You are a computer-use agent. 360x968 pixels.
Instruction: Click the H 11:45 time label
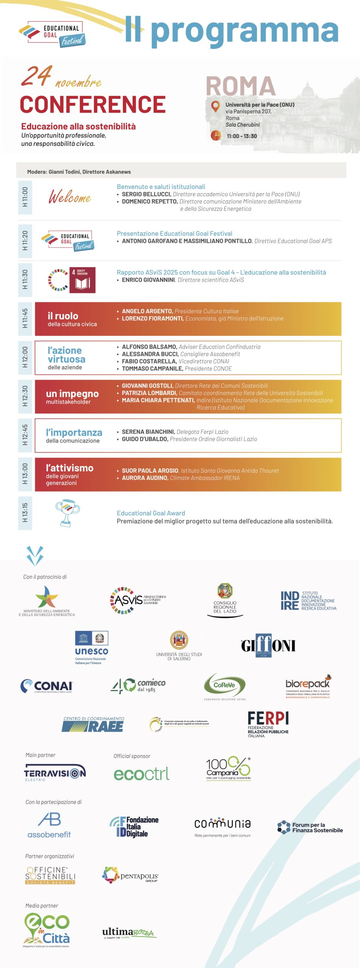tap(25, 318)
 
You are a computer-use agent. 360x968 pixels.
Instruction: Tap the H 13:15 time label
tap(25, 512)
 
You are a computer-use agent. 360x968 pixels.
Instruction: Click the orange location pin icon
tap(215, 107)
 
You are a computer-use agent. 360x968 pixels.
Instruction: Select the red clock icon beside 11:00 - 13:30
tap(216, 135)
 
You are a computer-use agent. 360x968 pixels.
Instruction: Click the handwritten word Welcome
tap(70, 197)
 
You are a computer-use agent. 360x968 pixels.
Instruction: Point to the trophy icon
tap(67, 513)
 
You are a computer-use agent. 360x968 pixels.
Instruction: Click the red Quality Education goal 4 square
tap(82, 280)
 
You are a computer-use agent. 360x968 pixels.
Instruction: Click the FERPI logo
tap(268, 724)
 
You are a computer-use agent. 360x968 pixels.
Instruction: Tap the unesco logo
tap(92, 647)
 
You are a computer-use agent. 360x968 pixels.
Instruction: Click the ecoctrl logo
tap(141, 774)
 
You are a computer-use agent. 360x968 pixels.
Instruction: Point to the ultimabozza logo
tap(129, 933)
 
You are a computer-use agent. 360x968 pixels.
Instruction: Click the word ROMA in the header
tap(241, 86)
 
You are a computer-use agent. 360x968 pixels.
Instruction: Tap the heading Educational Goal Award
tap(151, 513)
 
